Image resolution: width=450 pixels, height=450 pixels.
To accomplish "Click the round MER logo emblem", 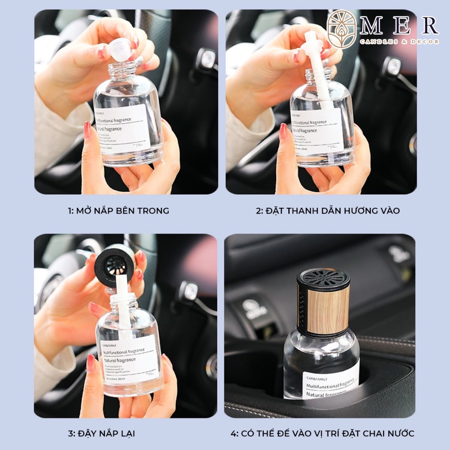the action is pos(342,29).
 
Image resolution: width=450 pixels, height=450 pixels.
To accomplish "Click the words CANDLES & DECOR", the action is pos(399,42).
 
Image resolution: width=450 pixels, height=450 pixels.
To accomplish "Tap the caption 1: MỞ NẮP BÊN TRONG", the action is pos(118,211).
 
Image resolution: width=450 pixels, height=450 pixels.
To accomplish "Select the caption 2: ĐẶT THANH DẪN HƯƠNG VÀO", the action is pos(328,211).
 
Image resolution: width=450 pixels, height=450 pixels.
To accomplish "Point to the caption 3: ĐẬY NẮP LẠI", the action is pos(102,433).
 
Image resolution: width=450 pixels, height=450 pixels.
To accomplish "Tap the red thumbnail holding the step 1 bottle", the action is pos(87,130).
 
